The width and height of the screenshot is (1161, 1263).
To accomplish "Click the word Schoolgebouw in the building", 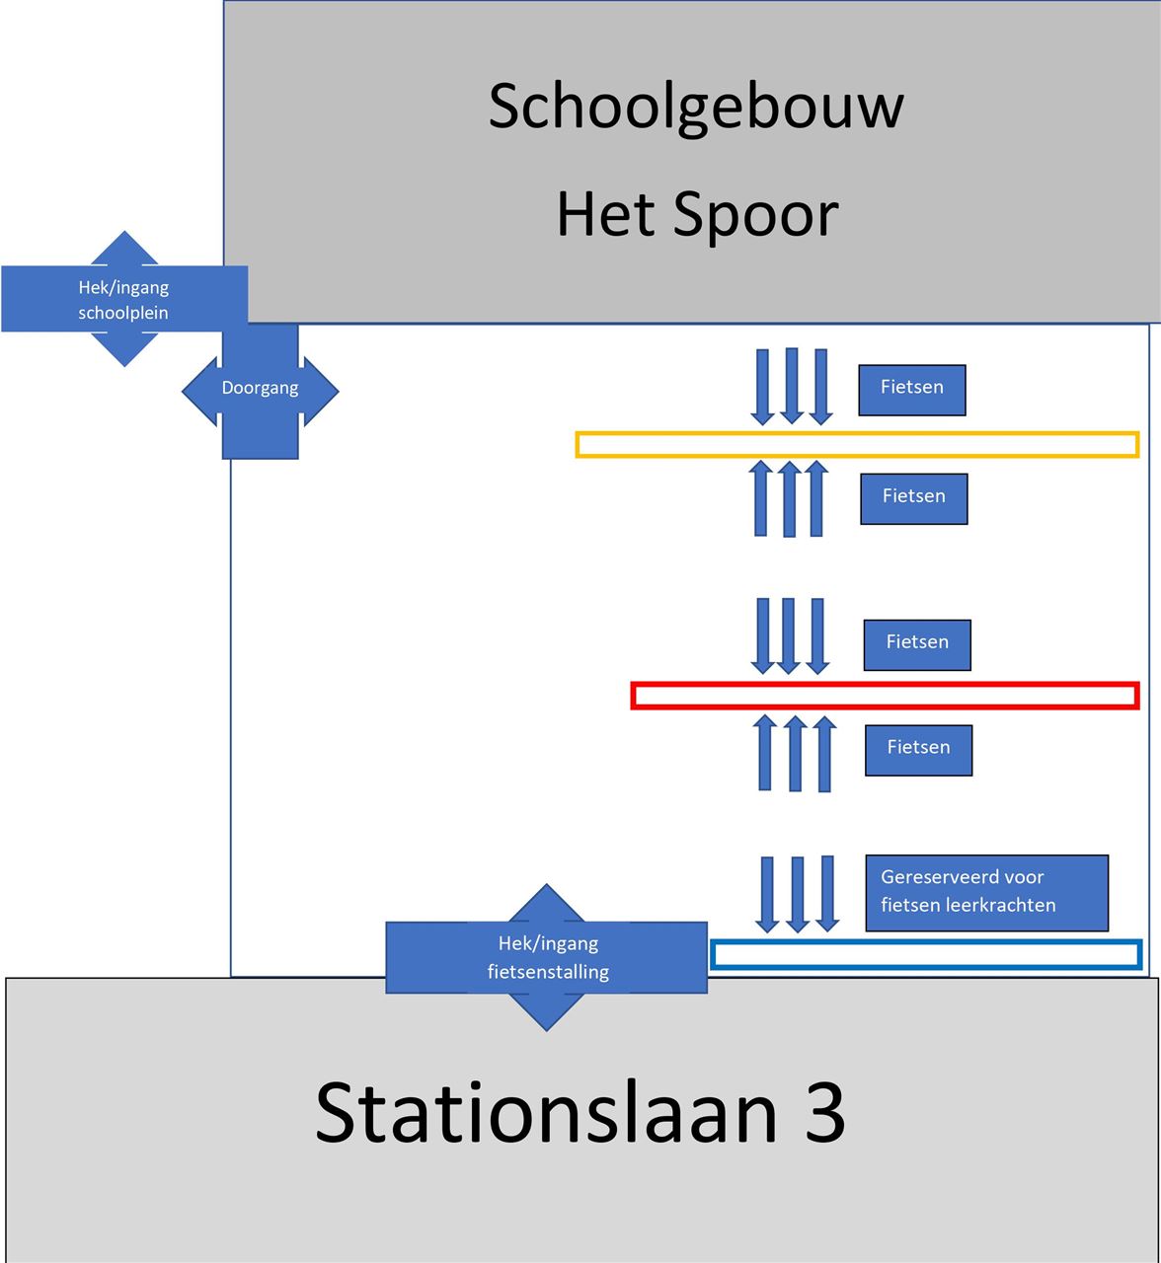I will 696,107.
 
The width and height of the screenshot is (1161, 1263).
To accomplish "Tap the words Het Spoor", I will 697,214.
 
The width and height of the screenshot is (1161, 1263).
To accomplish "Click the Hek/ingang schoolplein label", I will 123,300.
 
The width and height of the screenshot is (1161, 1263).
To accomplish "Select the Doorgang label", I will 260,389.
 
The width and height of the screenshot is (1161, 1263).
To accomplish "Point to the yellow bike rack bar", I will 857,444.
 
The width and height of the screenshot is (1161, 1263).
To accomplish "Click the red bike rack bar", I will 885,696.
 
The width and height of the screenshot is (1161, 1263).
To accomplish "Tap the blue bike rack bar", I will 926,955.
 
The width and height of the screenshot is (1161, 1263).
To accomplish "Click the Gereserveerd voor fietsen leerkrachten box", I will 986,893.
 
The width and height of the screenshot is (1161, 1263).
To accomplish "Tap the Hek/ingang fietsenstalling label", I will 547,958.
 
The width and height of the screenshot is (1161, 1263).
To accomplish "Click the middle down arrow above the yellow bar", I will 791,386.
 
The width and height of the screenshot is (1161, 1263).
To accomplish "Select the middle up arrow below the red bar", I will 795,754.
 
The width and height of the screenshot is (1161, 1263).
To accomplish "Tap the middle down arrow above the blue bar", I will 798,894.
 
